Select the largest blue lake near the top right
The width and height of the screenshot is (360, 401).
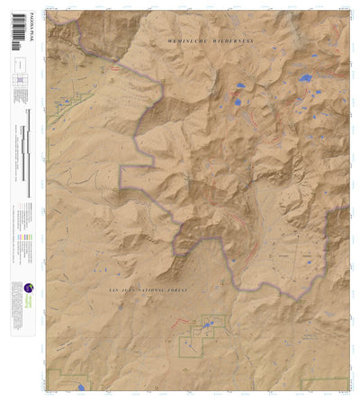coord(305,78)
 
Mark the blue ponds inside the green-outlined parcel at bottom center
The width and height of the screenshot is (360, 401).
coord(209,322)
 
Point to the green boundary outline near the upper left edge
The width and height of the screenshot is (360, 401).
coord(67,107)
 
